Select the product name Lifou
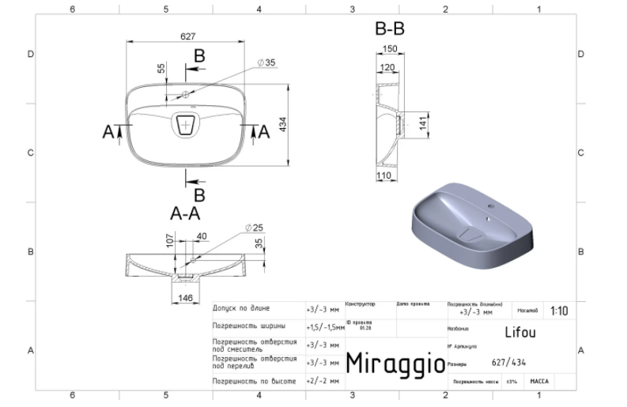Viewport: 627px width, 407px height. point(519,333)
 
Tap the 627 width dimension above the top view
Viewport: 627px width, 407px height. point(187,37)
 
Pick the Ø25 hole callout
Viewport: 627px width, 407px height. point(254,228)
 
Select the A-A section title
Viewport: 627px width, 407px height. point(185,213)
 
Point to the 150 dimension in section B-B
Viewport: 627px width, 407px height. point(389,50)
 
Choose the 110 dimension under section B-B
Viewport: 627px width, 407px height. point(383,175)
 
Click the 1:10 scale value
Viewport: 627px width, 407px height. point(558,311)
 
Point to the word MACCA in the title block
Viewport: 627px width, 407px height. point(540,381)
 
